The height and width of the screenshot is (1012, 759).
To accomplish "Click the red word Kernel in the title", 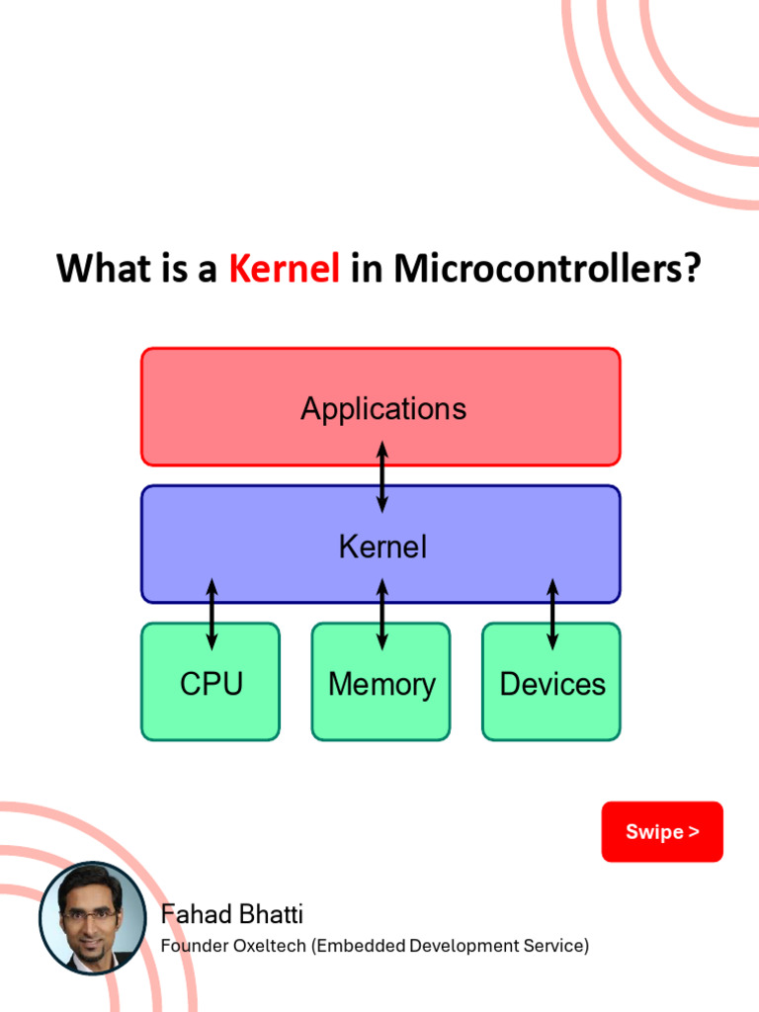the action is point(285,269).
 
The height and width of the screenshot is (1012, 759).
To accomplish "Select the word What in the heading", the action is point(98,269).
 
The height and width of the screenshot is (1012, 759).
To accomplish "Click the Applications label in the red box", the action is point(383,409).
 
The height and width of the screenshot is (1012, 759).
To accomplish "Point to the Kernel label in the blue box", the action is point(382,547).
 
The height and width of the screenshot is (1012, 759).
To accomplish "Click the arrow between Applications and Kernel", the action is point(382,477).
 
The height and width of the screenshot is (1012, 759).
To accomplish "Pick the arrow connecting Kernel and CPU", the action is point(211,614).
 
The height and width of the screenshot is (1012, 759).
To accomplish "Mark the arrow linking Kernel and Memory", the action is point(382,614).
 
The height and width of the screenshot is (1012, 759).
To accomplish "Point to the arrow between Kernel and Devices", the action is point(552,614).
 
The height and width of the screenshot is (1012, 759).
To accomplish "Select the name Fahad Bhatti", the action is point(231,914).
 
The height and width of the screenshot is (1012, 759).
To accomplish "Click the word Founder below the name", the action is point(194,947).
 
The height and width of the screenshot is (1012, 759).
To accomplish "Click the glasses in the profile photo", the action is point(88,915).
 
